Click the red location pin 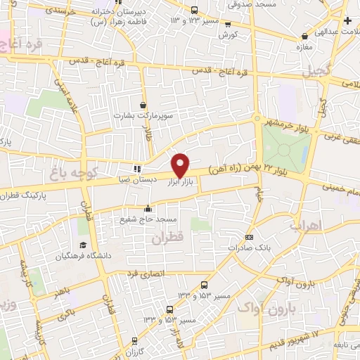(181, 164)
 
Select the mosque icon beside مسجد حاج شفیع (148, 208)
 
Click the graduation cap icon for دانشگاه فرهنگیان (84, 245)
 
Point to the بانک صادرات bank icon (249, 237)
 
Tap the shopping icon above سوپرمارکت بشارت (144, 104)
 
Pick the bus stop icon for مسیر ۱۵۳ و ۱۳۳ (204, 285)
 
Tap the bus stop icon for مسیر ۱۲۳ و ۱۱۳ (195, 10)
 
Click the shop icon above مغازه (304, 36)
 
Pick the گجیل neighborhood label (316, 72)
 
